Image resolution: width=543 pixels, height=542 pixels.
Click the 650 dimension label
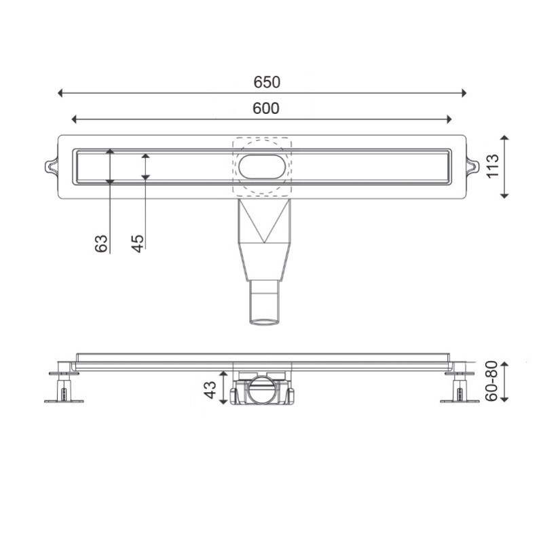pyautogui.click(x=267, y=82)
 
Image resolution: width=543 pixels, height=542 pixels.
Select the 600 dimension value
pyautogui.click(x=265, y=109)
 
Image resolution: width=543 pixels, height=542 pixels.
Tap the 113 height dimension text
pyautogui.click(x=493, y=166)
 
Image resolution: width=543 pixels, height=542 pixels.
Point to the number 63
pyautogui.click(x=101, y=244)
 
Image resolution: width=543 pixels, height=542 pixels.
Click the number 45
pyautogui.click(x=138, y=244)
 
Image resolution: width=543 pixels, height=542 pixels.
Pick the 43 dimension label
pyautogui.click(x=210, y=390)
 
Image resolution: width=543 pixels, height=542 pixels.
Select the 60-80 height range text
pyautogui.click(x=491, y=381)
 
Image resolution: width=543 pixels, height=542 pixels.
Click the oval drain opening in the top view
pyautogui.click(x=262, y=167)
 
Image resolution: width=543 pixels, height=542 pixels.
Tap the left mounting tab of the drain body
pyautogui.click(x=52, y=166)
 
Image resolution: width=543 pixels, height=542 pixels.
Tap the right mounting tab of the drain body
pyautogui.click(x=472, y=166)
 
